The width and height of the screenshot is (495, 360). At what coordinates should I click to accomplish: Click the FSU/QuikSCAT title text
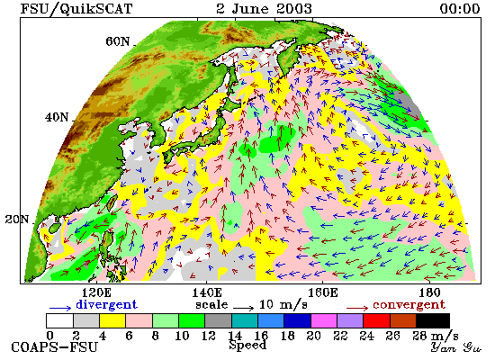[76, 8]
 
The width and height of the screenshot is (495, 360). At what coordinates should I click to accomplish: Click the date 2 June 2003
[264, 8]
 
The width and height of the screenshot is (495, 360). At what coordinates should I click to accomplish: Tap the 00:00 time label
[460, 8]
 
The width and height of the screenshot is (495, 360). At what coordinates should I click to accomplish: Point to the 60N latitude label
[117, 41]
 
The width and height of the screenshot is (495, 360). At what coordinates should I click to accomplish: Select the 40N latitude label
[57, 118]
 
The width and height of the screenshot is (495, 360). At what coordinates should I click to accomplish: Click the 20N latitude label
[17, 220]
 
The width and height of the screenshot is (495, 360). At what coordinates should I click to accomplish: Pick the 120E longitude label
[96, 292]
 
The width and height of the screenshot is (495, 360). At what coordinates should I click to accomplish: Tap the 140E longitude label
[207, 292]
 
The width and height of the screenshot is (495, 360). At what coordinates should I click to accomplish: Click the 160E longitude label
[322, 292]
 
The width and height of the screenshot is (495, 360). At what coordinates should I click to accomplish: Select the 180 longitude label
[429, 292]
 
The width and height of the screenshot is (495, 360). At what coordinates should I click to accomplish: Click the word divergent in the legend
[107, 305]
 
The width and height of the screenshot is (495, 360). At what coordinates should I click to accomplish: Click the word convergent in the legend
[409, 305]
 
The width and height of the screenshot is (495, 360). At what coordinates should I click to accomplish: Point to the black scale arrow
[244, 308]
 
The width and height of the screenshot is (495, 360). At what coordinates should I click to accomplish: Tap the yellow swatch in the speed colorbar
[112, 320]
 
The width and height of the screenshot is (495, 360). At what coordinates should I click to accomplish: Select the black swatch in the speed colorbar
[433, 320]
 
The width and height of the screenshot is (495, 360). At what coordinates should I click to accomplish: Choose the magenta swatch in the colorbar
[324, 320]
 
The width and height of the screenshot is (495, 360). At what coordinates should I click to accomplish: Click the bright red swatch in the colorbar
[376, 320]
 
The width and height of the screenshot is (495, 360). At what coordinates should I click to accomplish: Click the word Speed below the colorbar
[247, 346]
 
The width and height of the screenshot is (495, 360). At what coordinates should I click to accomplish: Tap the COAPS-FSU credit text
[54, 347]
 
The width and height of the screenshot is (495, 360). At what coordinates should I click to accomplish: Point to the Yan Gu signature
[456, 348]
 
